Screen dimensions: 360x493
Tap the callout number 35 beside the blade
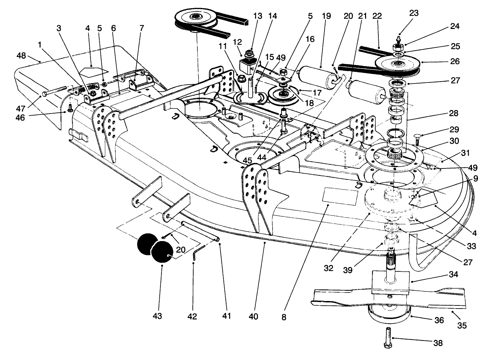point(462,325)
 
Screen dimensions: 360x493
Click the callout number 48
point(21,55)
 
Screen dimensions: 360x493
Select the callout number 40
point(253,317)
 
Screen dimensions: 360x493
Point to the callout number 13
point(258,16)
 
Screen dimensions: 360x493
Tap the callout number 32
point(328,268)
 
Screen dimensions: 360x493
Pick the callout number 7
point(142,28)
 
